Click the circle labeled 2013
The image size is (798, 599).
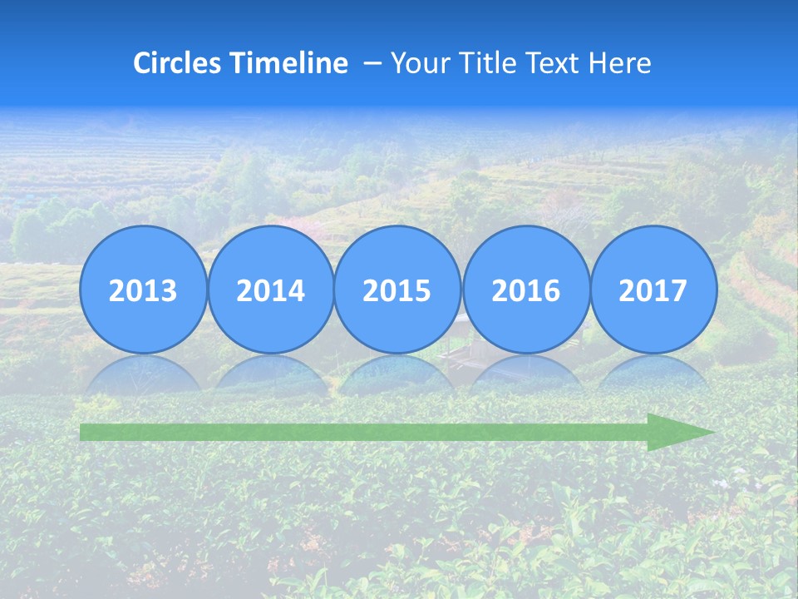tap(143, 290)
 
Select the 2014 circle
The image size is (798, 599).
tap(270, 290)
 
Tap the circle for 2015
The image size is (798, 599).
tap(397, 290)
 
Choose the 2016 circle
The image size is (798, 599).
tap(525, 290)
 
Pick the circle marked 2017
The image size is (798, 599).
tap(653, 290)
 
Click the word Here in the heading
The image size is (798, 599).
tap(620, 63)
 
